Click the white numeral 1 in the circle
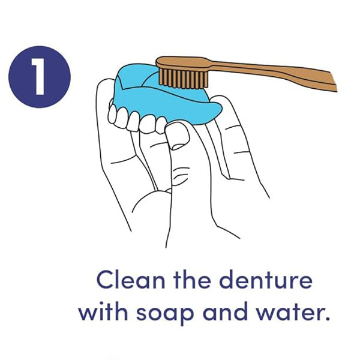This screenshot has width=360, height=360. [x=38, y=76]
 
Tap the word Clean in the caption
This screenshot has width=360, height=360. [x=131, y=280]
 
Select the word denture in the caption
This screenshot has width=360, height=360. [x=266, y=280]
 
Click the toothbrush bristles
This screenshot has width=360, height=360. [x=183, y=79]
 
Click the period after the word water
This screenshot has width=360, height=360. [x=327, y=319]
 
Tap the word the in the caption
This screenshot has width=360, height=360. [x=192, y=280]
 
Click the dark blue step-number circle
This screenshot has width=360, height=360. [x=40, y=77]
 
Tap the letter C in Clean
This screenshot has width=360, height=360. [x=106, y=280]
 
